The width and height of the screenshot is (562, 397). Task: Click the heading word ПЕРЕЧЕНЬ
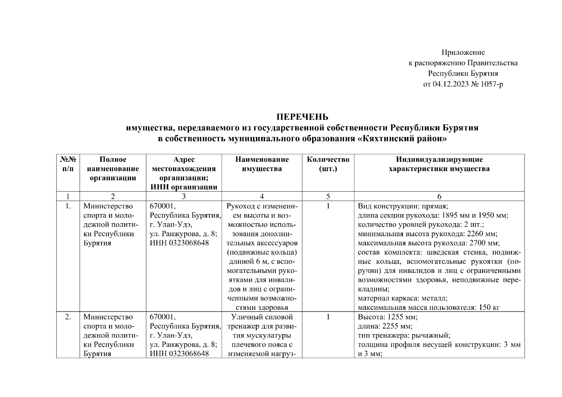point(302,117)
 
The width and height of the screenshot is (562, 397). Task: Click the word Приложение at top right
point(463,52)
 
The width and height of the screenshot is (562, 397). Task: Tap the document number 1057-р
point(492,84)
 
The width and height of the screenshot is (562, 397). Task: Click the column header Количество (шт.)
point(328,164)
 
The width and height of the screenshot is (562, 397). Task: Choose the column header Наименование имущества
point(262,164)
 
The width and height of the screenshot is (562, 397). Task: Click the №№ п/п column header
point(68,164)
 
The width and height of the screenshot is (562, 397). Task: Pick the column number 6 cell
point(439,197)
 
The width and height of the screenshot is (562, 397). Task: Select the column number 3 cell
point(184,197)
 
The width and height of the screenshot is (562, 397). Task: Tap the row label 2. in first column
point(68,317)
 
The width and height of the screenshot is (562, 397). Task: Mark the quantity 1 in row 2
point(328,317)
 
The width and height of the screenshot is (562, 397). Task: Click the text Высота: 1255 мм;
point(388,317)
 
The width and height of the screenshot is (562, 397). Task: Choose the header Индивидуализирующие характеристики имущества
point(439,164)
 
